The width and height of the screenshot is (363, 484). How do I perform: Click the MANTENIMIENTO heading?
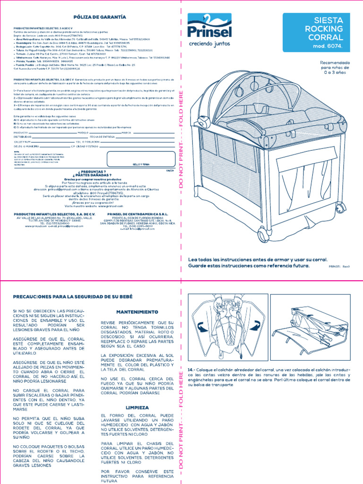(x=137, y=312)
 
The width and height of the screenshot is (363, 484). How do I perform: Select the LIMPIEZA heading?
(x=137, y=407)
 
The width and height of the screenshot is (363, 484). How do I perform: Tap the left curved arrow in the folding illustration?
(x=200, y=326)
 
